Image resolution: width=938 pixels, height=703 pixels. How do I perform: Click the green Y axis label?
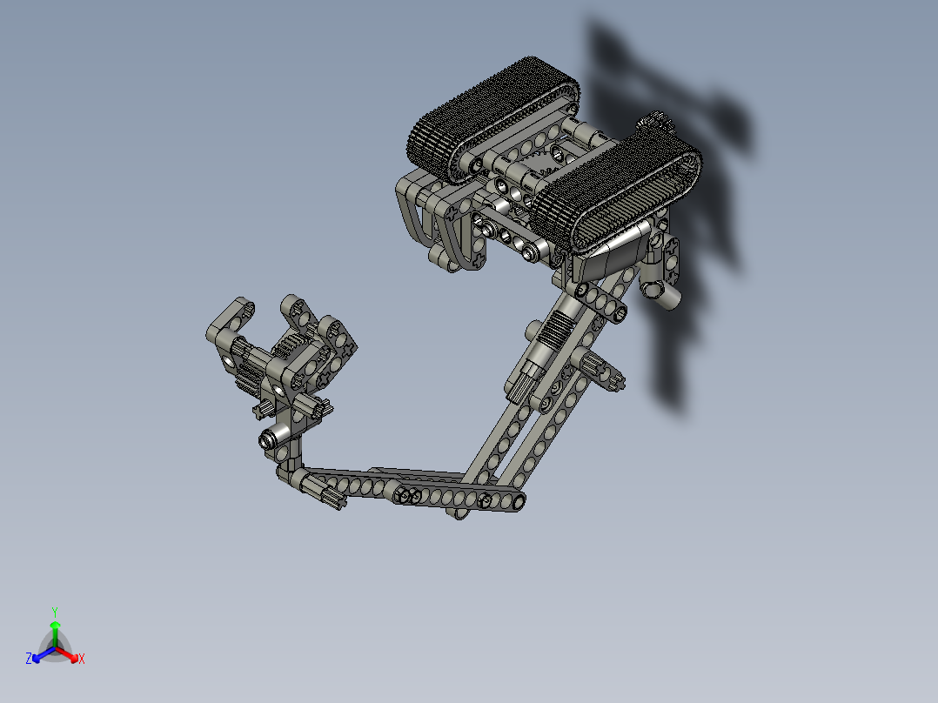pos(55,611)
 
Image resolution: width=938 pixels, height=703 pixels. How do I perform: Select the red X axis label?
pos(82,659)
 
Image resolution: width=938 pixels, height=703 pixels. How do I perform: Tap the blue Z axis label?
pos(29,659)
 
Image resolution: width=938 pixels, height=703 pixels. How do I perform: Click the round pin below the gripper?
pos(276,438)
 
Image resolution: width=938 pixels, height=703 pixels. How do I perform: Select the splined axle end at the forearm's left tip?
pos(329,499)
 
